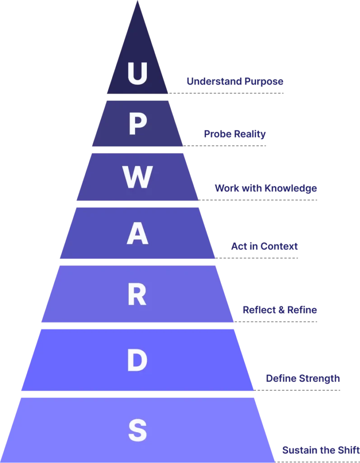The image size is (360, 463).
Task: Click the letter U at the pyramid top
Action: [137, 73]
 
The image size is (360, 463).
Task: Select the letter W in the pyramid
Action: [137, 178]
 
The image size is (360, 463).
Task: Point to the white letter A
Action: [137, 234]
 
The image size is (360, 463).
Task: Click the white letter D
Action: [137, 361]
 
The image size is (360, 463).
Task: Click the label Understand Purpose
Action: [234, 82]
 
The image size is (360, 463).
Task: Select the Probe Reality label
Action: [234, 134]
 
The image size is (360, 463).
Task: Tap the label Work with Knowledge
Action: [265, 189]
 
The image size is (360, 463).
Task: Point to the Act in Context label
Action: [264, 247]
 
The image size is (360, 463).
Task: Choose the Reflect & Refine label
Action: [280, 310]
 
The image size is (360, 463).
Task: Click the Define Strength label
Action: [302, 378]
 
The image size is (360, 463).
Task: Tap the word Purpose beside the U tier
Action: [264, 82]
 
